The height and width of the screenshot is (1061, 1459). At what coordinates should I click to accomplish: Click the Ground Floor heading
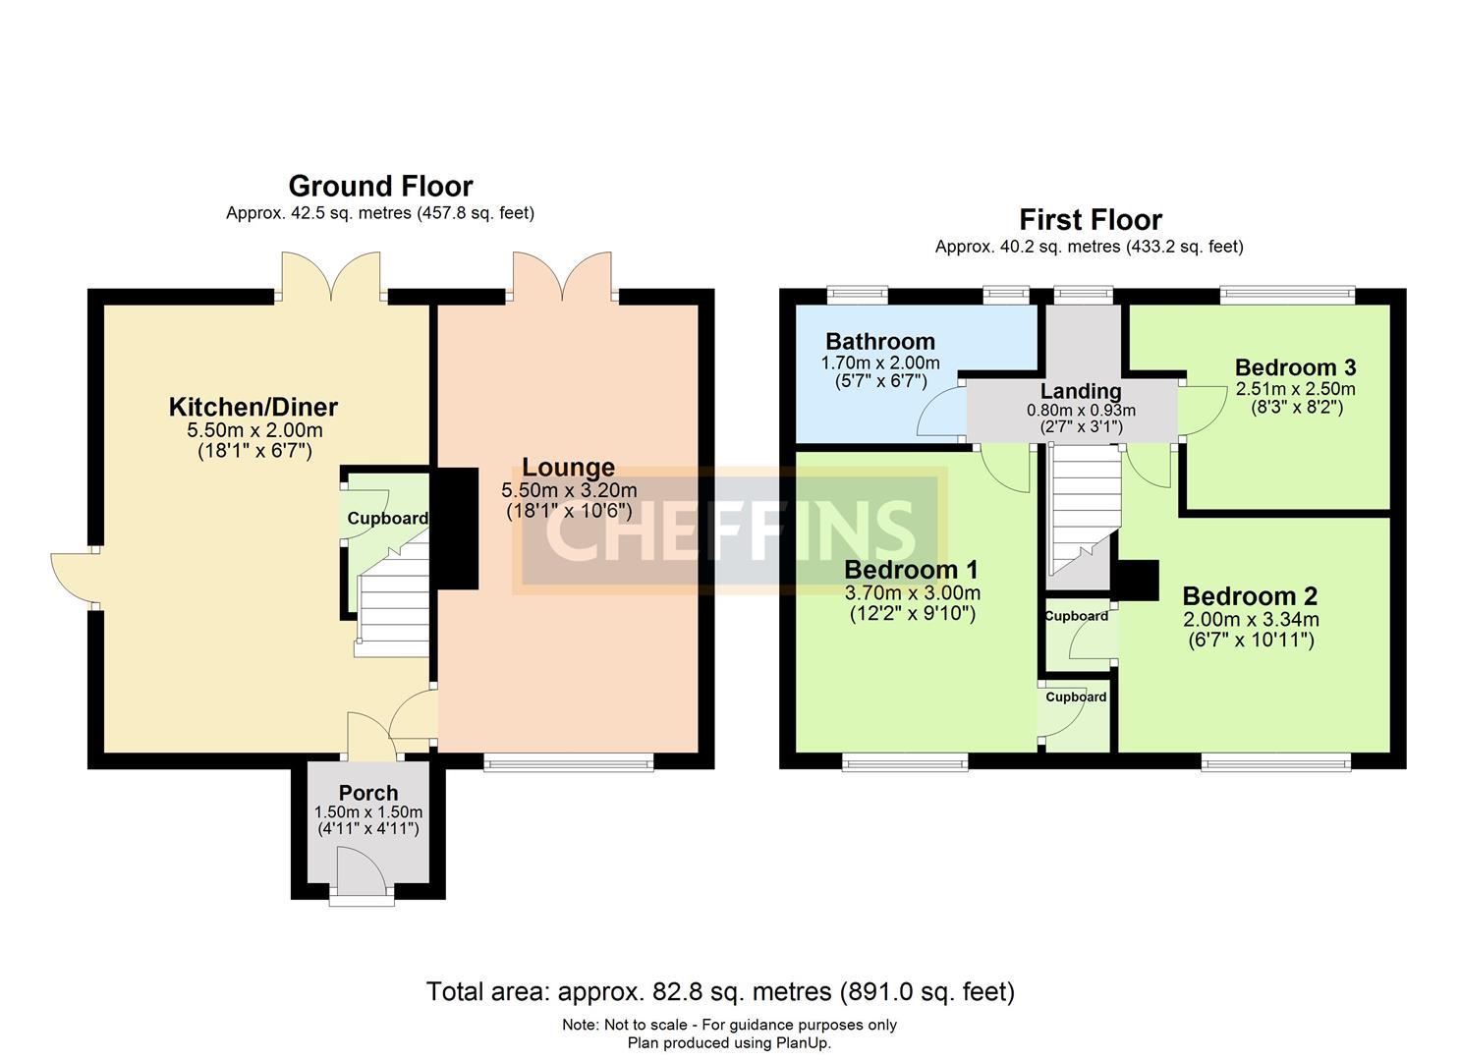click(380, 187)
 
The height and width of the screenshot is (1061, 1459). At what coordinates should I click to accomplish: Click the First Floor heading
click(1090, 220)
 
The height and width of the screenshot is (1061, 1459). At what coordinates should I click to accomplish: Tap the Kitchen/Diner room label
click(253, 407)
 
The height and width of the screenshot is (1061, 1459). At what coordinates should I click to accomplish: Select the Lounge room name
click(568, 468)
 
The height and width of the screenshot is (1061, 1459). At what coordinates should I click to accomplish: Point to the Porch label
click(368, 793)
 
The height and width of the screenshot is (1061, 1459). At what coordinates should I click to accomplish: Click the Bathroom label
click(879, 342)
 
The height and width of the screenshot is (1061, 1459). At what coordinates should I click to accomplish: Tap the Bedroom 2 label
click(1250, 596)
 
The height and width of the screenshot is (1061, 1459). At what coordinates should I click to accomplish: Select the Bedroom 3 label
click(1295, 367)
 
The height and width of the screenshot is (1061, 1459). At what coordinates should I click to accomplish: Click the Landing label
click(1081, 392)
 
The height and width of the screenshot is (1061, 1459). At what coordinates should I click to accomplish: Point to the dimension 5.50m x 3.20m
click(569, 490)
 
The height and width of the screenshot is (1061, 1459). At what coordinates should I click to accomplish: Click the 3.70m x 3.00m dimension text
click(912, 593)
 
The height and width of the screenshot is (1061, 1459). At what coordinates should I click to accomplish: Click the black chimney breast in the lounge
click(456, 529)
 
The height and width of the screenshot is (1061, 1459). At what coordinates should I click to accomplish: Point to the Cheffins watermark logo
click(729, 530)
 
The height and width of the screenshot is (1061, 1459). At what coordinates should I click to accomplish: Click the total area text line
click(720, 992)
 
